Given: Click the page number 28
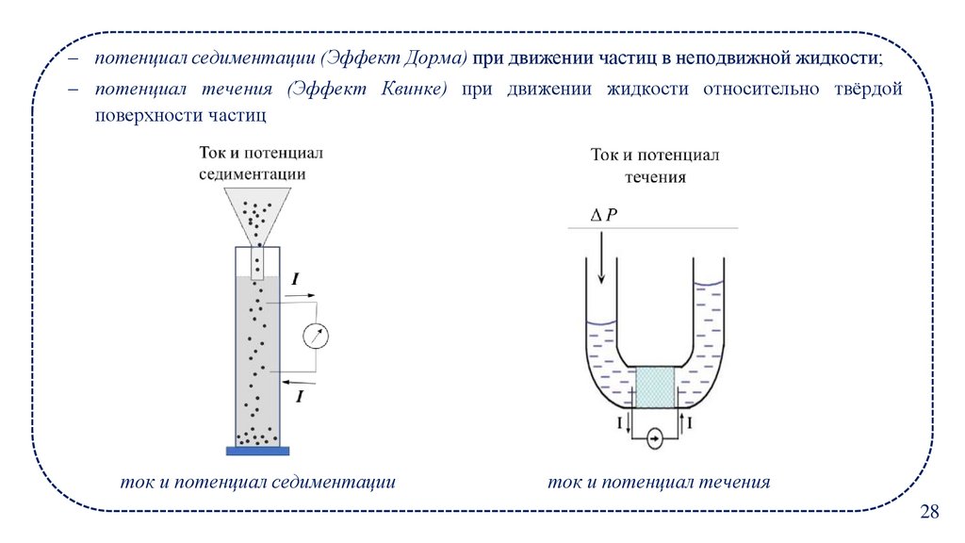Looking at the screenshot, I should [929, 512].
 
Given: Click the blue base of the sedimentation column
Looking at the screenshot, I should [257, 449].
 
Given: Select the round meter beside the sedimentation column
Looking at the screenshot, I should [318, 335].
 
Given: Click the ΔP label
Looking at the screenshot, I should [603, 215].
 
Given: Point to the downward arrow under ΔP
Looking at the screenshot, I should [600, 258].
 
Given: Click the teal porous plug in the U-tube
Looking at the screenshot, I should [656, 387].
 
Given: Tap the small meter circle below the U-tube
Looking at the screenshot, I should [657, 436].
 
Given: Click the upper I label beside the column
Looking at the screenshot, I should [296, 279].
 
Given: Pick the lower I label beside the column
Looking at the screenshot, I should [300, 397].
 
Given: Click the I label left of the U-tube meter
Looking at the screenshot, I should [619, 424].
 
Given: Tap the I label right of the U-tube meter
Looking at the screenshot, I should [691, 424].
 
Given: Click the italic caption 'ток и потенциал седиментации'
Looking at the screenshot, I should [257, 482].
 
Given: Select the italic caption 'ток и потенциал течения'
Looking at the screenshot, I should [659, 482].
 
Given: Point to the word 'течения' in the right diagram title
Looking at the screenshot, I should [655, 176].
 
